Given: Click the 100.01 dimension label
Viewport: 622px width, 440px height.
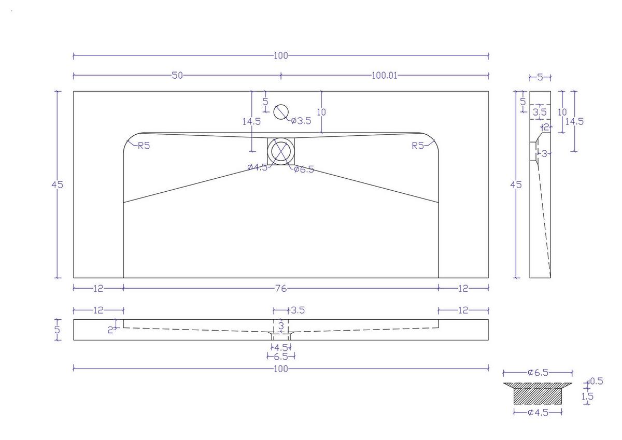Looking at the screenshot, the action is [384, 76].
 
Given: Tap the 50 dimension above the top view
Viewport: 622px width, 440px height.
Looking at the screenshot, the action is [177, 76].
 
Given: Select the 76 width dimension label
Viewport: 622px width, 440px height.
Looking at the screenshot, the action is [281, 289].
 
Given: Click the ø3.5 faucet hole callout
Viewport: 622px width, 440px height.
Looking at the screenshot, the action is [301, 121].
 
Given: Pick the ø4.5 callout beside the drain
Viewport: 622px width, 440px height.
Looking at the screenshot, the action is [258, 167].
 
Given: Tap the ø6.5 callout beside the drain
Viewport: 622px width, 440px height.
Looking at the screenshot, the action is [304, 169].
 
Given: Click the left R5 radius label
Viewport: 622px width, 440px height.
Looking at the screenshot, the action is [144, 146].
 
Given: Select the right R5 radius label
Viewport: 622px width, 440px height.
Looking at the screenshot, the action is [418, 146].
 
